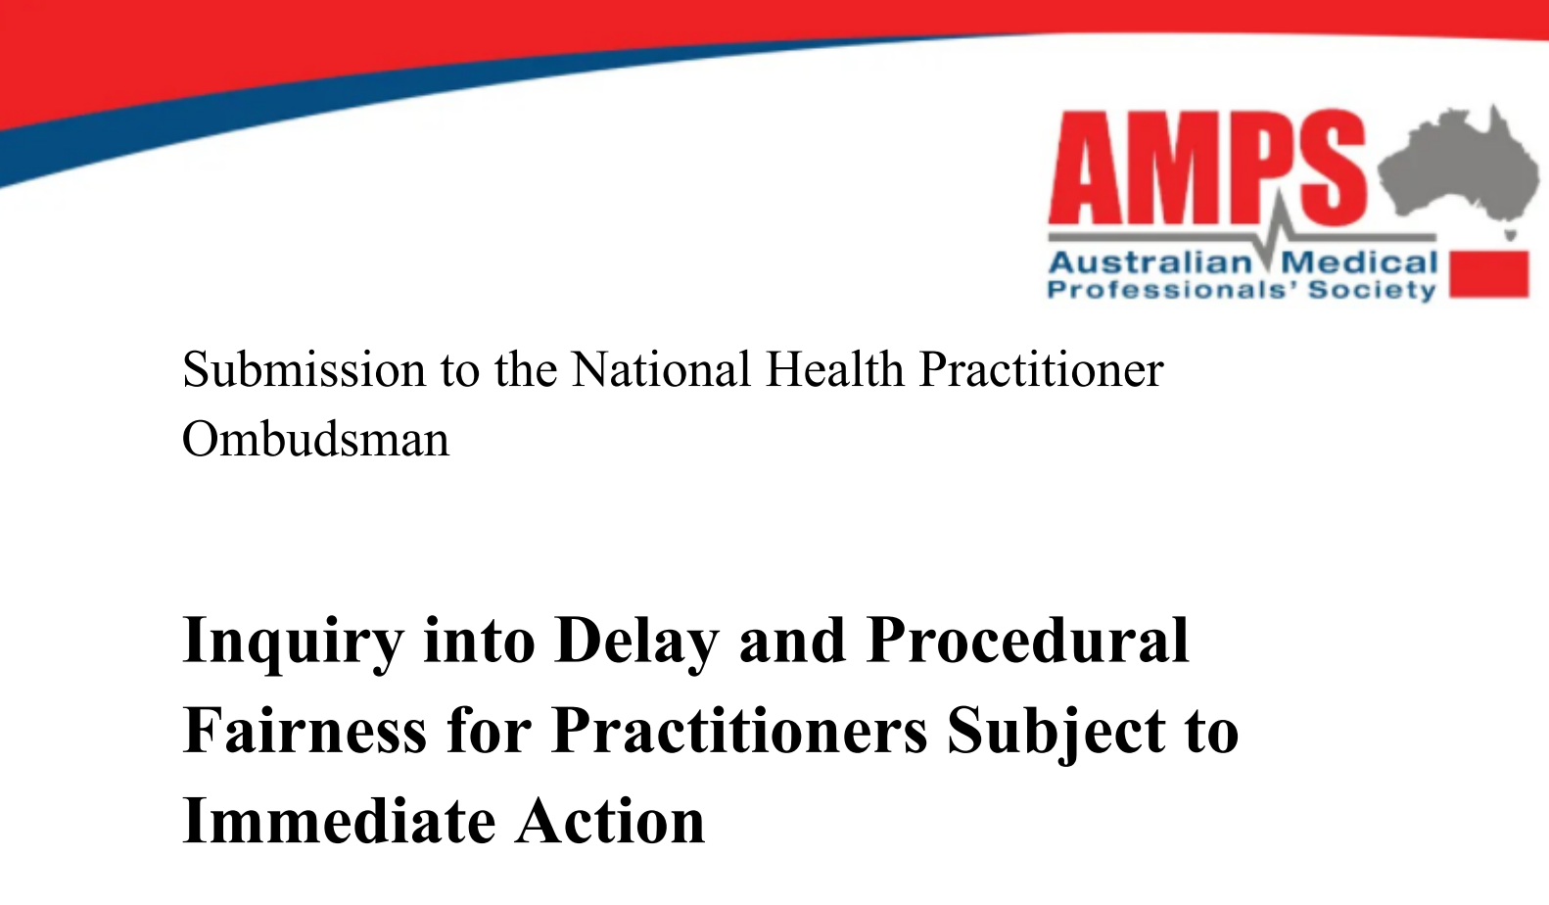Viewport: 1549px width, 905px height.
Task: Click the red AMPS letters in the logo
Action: [x=1206, y=167]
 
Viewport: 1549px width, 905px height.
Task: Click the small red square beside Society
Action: [x=1489, y=274]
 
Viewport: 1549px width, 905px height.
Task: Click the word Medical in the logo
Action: [x=1359, y=262]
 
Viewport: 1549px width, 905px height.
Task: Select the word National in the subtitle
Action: [x=661, y=369]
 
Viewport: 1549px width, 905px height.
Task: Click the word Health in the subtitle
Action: [x=834, y=369]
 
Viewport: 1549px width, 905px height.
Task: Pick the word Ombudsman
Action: [x=316, y=439]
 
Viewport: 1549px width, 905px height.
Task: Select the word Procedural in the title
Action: [x=1027, y=640]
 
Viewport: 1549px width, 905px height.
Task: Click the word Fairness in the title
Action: [x=305, y=731]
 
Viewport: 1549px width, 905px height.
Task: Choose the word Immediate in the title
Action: [x=340, y=822]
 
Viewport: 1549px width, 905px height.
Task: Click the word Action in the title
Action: [x=609, y=822]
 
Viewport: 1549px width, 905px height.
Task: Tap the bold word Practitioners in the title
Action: [x=740, y=731]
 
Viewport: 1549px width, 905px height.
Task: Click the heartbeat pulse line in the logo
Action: [x=1243, y=235]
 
